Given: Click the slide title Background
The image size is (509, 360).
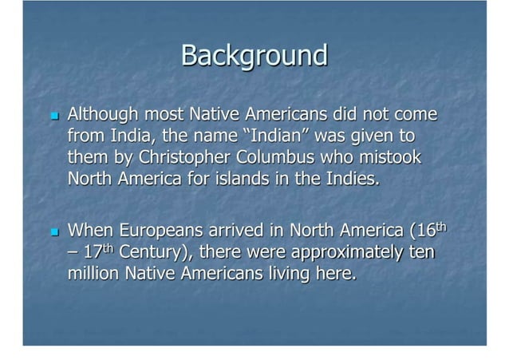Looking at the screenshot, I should (254, 56).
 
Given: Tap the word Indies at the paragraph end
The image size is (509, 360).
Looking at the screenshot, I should (349, 177).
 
